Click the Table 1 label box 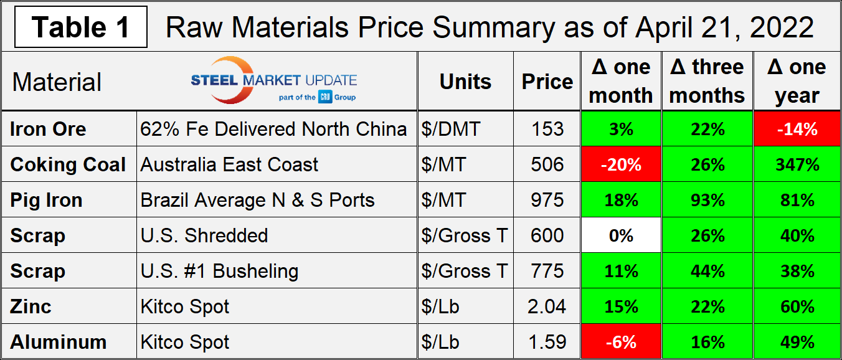pos(81,27)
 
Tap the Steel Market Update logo pos(273,80)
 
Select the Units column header pos(465,82)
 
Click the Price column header pos(547,82)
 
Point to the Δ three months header pos(707,82)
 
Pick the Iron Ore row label pos(49,129)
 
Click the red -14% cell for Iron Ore pos(797,129)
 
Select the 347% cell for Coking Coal pos(797,164)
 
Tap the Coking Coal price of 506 pos(547,164)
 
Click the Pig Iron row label pos(47,200)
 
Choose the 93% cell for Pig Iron pos(707,200)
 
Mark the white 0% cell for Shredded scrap pos(620,235)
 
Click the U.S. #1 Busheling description pos(219,271)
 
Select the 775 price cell pos(547,271)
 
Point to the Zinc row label pos(31,306)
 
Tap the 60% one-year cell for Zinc pos(797,306)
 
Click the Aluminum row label pos(59,342)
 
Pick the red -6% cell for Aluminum pos(620,342)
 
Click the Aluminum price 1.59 pos(547,342)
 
